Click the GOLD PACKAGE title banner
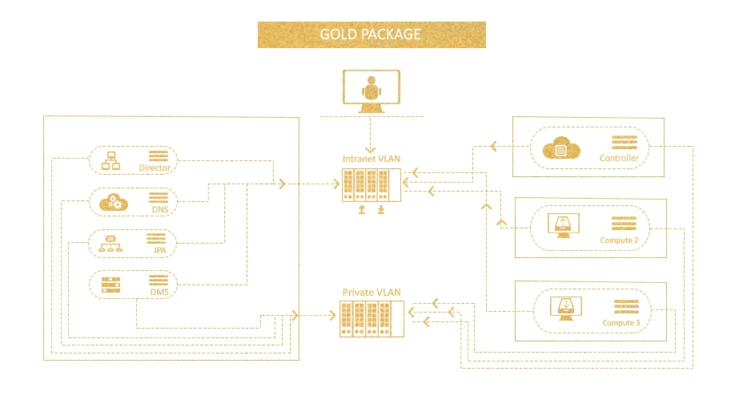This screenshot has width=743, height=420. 371,34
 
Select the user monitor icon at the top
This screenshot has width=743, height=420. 371,91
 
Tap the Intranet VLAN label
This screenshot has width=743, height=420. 371,159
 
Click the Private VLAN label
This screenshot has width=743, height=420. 371,293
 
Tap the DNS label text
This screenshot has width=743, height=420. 159,209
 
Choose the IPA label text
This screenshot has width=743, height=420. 160,251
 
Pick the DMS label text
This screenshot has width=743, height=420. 159,293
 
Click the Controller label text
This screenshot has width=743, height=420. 619,159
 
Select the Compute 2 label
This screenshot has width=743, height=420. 619,240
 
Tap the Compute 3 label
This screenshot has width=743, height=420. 621,323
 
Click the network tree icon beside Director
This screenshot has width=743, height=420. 110,160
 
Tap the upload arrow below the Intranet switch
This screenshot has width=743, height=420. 362,209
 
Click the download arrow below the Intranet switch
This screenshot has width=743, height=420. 381,209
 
